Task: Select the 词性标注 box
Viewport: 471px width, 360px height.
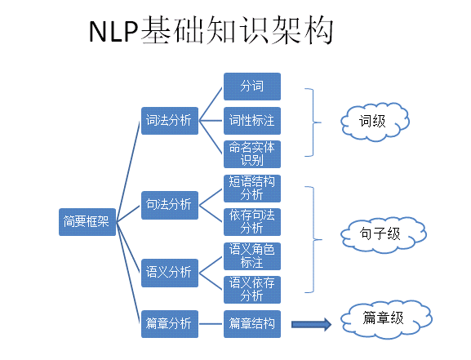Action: tap(251, 121)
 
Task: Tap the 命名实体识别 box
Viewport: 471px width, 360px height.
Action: tap(251, 154)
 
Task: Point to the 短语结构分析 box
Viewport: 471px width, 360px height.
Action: tap(251, 189)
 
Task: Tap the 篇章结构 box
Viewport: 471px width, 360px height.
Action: tap(251, 323)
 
